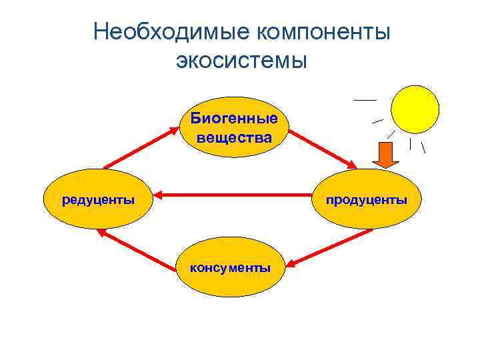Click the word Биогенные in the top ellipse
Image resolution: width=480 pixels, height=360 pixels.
[234, 119]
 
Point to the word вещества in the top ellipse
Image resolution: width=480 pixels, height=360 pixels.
[234, 138]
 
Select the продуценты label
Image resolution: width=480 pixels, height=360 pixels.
[367, 199]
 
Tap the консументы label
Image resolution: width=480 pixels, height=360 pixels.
[231, 268]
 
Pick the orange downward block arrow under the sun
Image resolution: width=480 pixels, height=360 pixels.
[385, 154]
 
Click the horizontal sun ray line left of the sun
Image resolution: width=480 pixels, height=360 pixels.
[365, 99]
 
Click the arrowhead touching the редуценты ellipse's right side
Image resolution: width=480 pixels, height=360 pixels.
[161, 196]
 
